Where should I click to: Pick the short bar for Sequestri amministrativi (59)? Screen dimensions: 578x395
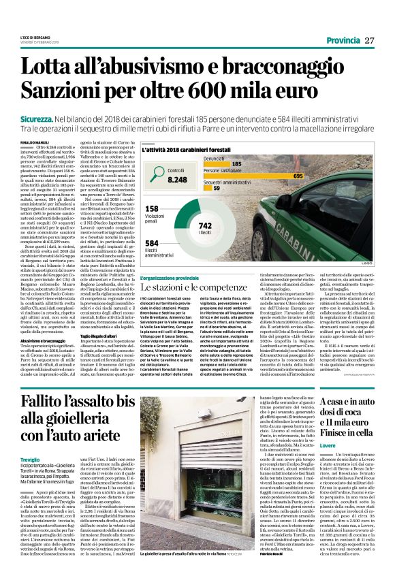(x=227, y=187)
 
